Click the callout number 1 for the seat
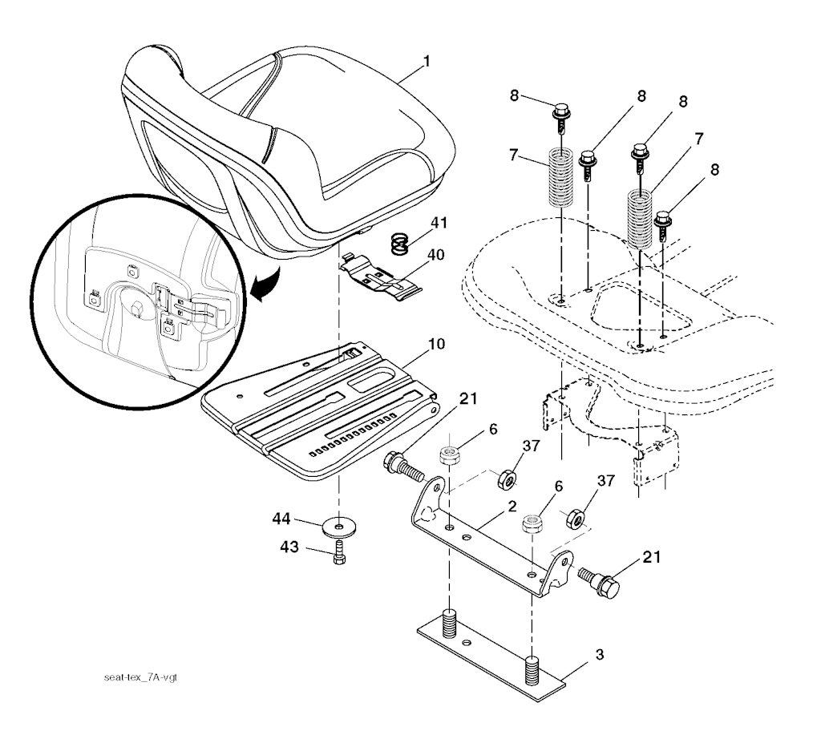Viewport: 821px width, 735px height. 427,61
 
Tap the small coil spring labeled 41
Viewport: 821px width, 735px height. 401,244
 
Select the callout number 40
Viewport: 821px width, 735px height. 435,255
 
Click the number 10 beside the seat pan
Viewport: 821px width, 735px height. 436,344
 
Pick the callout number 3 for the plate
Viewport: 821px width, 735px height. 600,654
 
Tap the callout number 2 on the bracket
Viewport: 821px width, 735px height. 512,507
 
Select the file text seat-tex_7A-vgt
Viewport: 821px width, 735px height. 141,677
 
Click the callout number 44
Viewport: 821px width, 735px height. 281,519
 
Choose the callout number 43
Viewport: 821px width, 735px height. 289,547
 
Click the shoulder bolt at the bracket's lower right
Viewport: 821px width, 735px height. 599,582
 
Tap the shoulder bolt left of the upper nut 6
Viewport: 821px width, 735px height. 404,467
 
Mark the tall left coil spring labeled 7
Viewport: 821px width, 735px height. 561,177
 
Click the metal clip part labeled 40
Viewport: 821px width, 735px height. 380,277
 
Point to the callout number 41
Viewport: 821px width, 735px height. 439,223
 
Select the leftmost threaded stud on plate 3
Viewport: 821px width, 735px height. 449,623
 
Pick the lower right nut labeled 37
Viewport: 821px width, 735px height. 576,517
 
